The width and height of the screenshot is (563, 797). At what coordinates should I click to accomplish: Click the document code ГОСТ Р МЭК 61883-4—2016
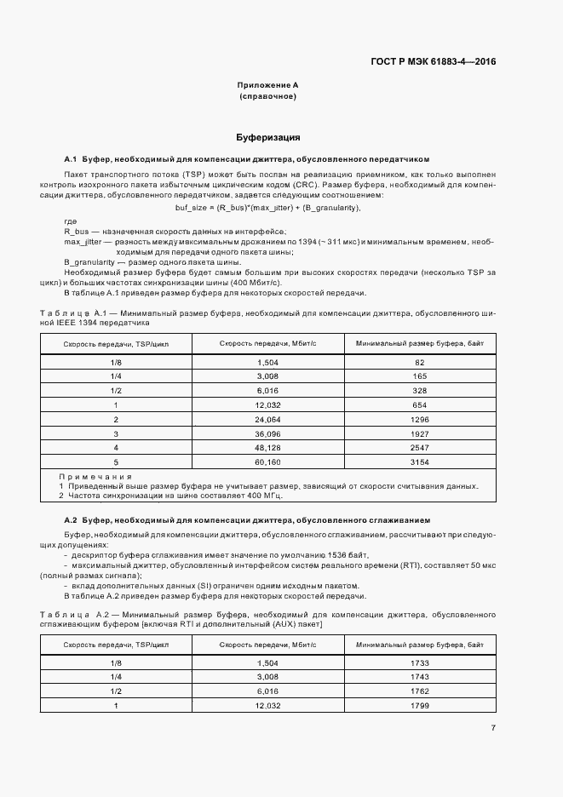tap(434, 61)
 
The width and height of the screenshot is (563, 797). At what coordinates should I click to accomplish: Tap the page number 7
tap(493, 727)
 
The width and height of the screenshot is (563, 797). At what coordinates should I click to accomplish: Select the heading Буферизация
tap(267, 137)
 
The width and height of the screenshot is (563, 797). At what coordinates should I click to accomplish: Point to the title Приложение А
tap(267, 85)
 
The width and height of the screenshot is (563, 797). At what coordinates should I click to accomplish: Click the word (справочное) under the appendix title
tap(267, 97)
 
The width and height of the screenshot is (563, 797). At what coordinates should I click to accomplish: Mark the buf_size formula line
tap(267, 208)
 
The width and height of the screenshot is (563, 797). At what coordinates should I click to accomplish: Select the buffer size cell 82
tap(420, 362)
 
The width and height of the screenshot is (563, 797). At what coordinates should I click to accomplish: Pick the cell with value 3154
tap(420, 462)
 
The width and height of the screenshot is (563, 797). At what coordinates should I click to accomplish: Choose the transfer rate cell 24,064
tap(267, 419)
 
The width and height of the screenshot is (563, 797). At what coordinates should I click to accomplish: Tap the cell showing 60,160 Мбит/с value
tap(267, 462)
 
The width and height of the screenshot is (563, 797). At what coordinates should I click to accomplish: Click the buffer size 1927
tap(420, 433)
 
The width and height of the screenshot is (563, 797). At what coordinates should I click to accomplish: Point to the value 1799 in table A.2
tap(420, 706)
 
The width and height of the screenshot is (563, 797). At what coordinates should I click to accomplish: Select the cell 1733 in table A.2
tap(420, 662)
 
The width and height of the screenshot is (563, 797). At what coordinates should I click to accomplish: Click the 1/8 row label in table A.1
tap(117, 362)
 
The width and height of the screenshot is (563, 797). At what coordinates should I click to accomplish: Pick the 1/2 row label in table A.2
tap(117, 691)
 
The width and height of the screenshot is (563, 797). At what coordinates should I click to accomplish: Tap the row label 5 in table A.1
tap(116, 462)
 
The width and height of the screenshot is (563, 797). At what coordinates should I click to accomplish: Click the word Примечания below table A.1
tap(95, 477)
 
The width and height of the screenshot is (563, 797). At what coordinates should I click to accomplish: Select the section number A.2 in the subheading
tap(71, 519)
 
